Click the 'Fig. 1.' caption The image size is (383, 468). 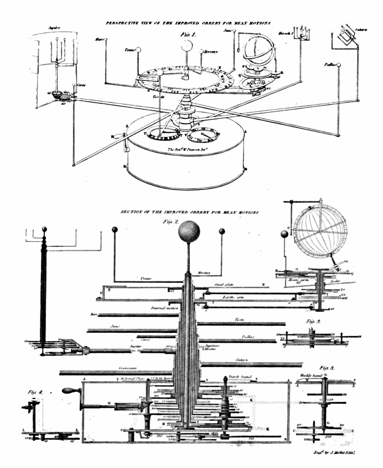click(188, 35)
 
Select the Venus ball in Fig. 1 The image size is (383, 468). click(138, 51)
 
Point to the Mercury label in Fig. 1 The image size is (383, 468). click(211, 52)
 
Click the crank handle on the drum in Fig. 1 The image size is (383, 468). click(119, 136)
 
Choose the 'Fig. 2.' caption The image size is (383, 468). click(170, 222)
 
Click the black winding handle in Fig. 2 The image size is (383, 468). click(69, 391)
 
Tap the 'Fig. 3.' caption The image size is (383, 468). click(327, 368)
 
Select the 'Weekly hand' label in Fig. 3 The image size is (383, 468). click(311, 375)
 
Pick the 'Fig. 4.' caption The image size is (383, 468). click(35, 392)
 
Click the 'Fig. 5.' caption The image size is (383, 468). click(313, 321)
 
